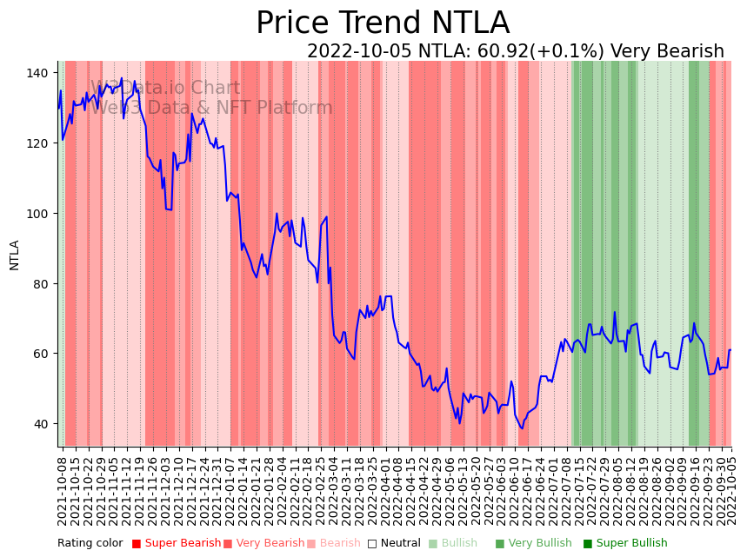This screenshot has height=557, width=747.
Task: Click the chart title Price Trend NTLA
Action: click(383, 23)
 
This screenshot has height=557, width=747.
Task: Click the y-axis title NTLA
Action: click(14, 255)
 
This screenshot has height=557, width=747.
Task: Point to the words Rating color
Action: click(90, 544)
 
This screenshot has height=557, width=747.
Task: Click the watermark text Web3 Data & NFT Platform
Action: click(211, 108)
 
